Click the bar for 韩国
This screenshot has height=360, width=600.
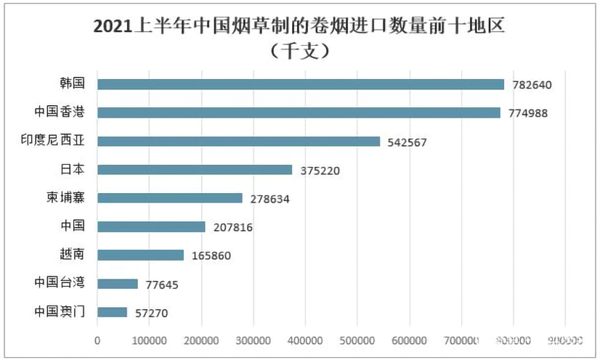pyautogui.click(x=300, y=84)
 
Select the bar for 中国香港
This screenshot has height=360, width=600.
pyautogui.click(x=299, y=112)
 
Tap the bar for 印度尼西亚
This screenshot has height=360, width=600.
pyautogui.click(x=238, y=142)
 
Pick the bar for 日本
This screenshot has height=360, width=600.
pyautogui.click(x=195, y=170)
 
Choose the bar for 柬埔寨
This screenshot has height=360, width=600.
pyautogui.click(x=170, y=198)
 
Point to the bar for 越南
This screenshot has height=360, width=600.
pyautogui.click(x=140, y=255)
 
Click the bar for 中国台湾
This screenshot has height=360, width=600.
pyautogui.click(x=118, y=284)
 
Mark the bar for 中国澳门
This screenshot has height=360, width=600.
pyautogui.click(x=112, y=312)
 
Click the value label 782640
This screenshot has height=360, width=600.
pyautogui.click(x=532, y=85)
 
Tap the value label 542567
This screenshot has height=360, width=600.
pyautogui.click(x=408, y=142)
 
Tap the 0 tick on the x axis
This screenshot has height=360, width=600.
pyautogui.click(x=97, y=340)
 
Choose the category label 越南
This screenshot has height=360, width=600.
pyautogui.click(x=71, y=255)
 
